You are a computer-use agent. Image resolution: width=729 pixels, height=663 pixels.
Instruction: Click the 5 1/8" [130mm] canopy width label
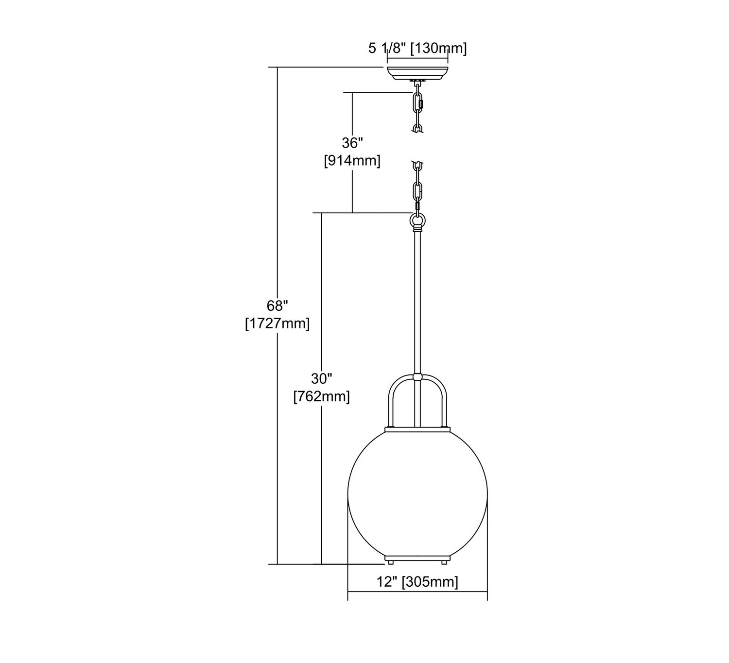pos(417,48)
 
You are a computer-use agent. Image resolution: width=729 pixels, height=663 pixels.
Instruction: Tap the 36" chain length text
pos(352,143)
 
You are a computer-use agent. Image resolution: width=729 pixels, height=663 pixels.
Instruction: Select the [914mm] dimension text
pos(352,161)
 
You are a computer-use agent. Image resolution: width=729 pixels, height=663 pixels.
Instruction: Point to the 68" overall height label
pos(278,306)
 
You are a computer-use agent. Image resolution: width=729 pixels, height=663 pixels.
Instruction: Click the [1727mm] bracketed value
pos(278,323)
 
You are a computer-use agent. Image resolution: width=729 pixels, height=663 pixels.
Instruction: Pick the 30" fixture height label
pos(322,379)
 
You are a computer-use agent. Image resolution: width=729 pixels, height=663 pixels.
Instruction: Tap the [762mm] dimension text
pos(322,396)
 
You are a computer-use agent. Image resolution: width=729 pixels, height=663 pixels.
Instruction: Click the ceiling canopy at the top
pos(417,74)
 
